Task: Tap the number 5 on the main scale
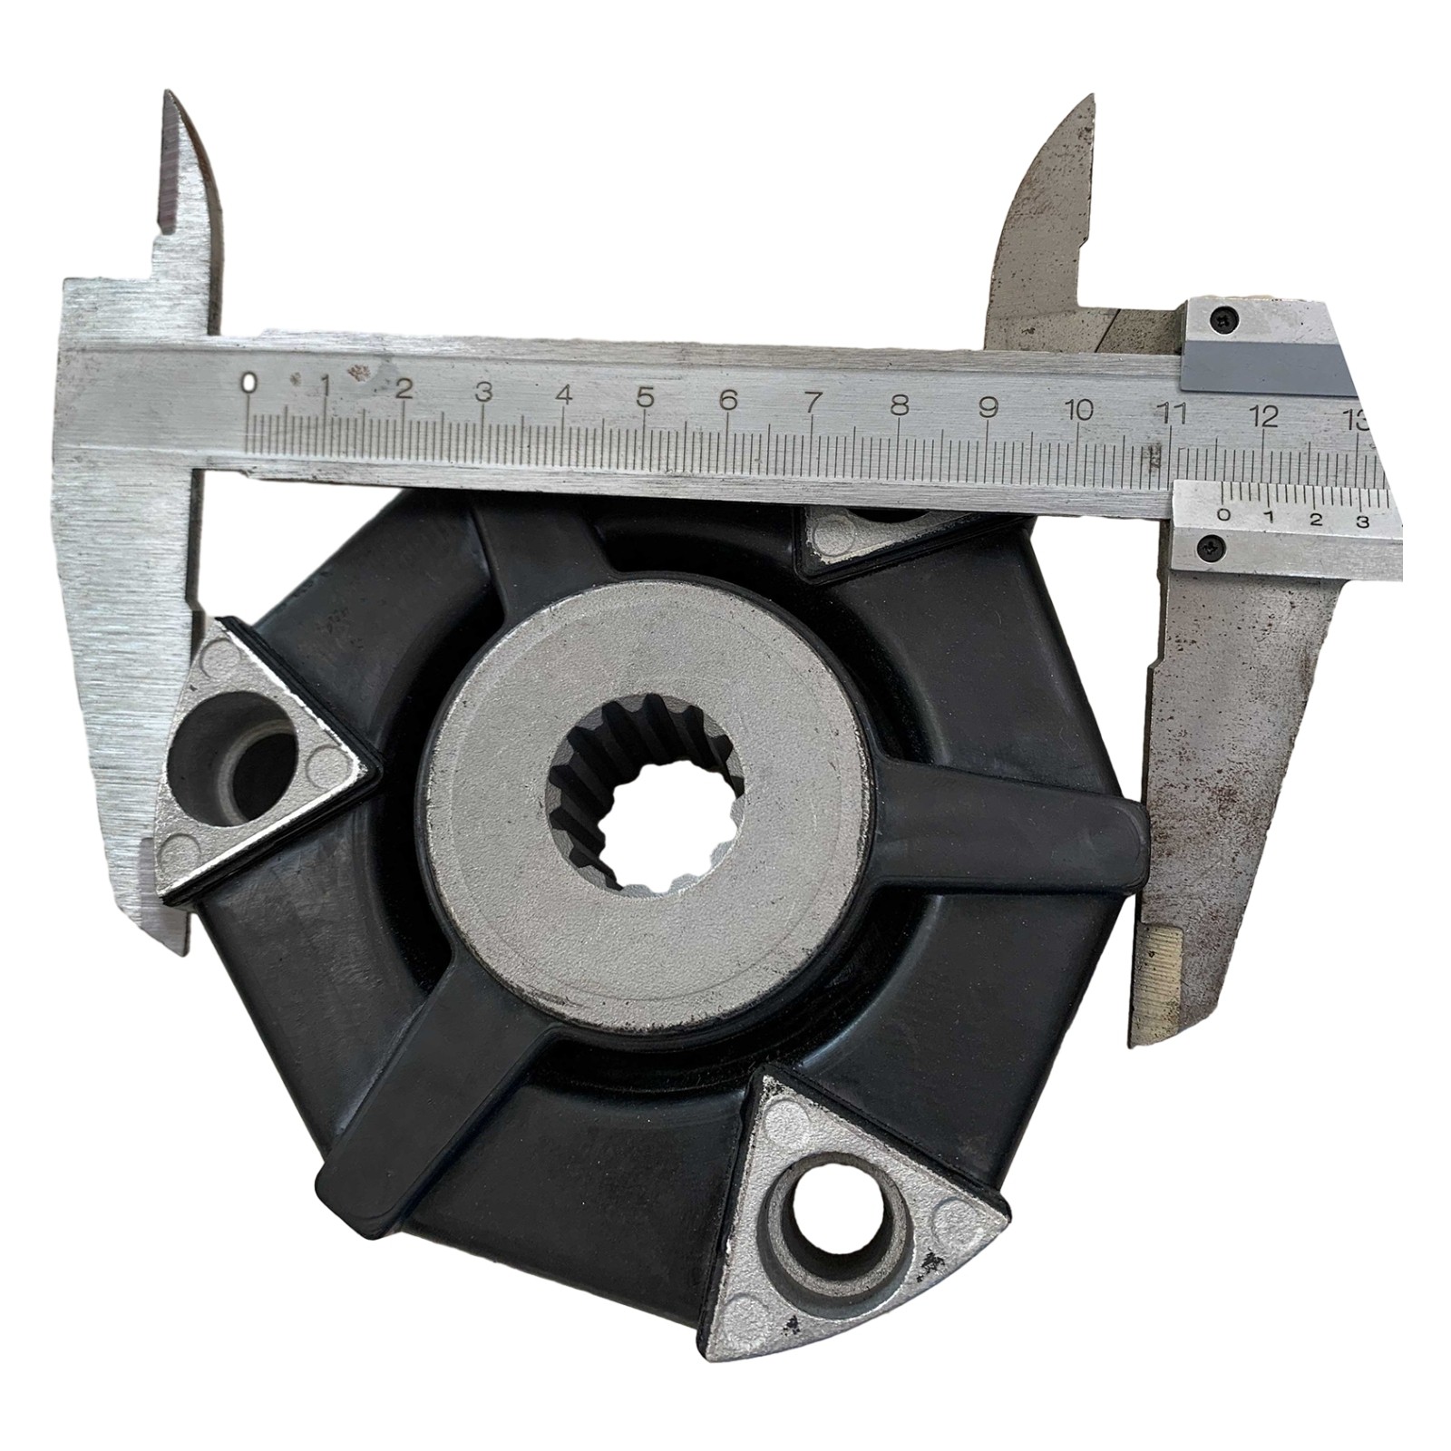pos(645,397)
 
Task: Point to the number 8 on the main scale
pos(900,405)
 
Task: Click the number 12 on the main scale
pos(1263,417)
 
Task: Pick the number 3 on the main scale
pos(483,392)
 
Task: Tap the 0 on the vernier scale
pos(1225,516)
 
